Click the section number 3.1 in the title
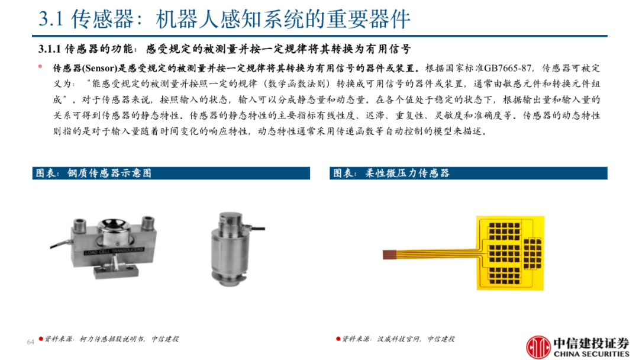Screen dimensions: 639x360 pos(51,19)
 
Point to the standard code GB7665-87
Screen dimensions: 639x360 pos(508,68)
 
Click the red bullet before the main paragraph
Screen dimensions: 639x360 pos(40,66)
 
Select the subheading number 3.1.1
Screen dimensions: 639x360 pos(49,49)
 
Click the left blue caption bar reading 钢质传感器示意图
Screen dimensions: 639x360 pos(171,173)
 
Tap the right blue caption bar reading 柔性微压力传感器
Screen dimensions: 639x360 pos(468,173)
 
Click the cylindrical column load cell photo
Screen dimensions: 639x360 pos(231,249)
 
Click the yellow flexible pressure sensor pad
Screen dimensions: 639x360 pos(510,253)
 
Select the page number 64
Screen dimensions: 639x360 pos(31,342)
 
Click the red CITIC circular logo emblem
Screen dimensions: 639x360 pos(538,348)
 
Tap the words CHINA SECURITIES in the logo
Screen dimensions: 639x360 pos(591,354)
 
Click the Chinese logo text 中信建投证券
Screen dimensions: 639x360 pos(591,343)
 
